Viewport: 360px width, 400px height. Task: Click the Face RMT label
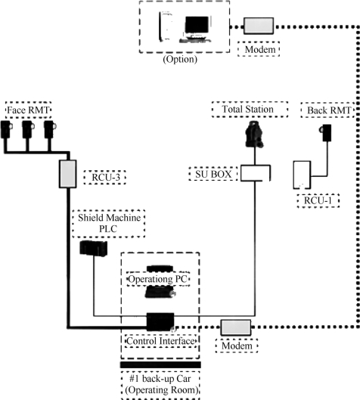point(28,110)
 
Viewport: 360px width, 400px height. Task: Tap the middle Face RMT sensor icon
point(28,129)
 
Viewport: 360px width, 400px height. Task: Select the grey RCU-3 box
point(68,174)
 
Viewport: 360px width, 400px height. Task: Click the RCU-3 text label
point(106,177)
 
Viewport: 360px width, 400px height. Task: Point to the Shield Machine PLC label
point(109,223)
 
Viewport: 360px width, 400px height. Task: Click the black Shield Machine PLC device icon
point(93,248)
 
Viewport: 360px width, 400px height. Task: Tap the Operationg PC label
point(158,279)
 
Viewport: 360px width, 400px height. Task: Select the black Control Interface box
point(160,321)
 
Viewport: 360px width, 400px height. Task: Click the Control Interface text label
point(160,341)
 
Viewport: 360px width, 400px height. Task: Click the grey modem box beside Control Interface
point(236,327)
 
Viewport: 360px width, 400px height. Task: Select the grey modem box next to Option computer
point(259,26)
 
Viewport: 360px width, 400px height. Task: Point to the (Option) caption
point(180,59)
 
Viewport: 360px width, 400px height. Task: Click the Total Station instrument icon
point(254,134)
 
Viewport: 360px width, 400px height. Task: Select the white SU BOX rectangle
point(256,173)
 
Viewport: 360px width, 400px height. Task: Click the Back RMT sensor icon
point(325,132)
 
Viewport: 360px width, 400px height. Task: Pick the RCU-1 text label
point(318,200)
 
